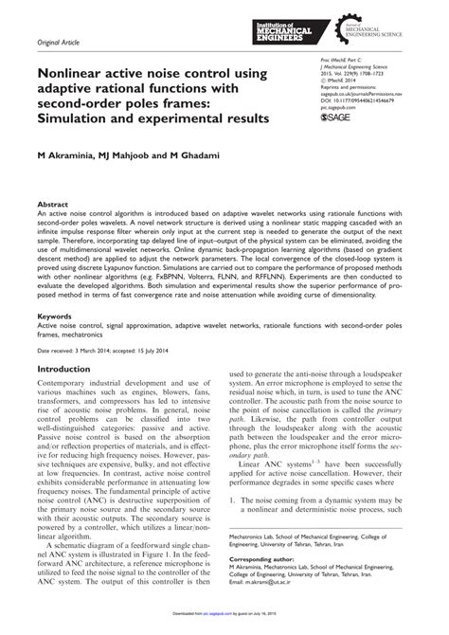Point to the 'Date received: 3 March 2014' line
coord(85,350)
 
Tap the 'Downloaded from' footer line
coord(224,626)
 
